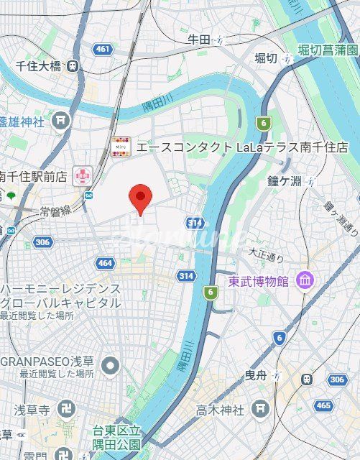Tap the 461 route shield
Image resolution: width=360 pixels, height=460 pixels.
coord(103,49)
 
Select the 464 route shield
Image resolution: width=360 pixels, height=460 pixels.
coord(105,263)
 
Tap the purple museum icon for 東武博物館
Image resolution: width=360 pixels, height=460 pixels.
coord(304,280)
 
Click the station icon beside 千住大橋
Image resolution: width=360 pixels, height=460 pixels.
coord(73,66)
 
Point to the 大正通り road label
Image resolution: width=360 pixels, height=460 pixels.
coord(267,253)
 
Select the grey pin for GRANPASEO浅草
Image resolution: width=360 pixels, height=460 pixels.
coord(110,367)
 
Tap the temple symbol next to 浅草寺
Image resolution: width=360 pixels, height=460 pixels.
coord(65,410)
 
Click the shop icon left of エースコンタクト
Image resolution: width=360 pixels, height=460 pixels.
coord(121,147)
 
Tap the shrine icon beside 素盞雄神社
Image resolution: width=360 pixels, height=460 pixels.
coord(62,120)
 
